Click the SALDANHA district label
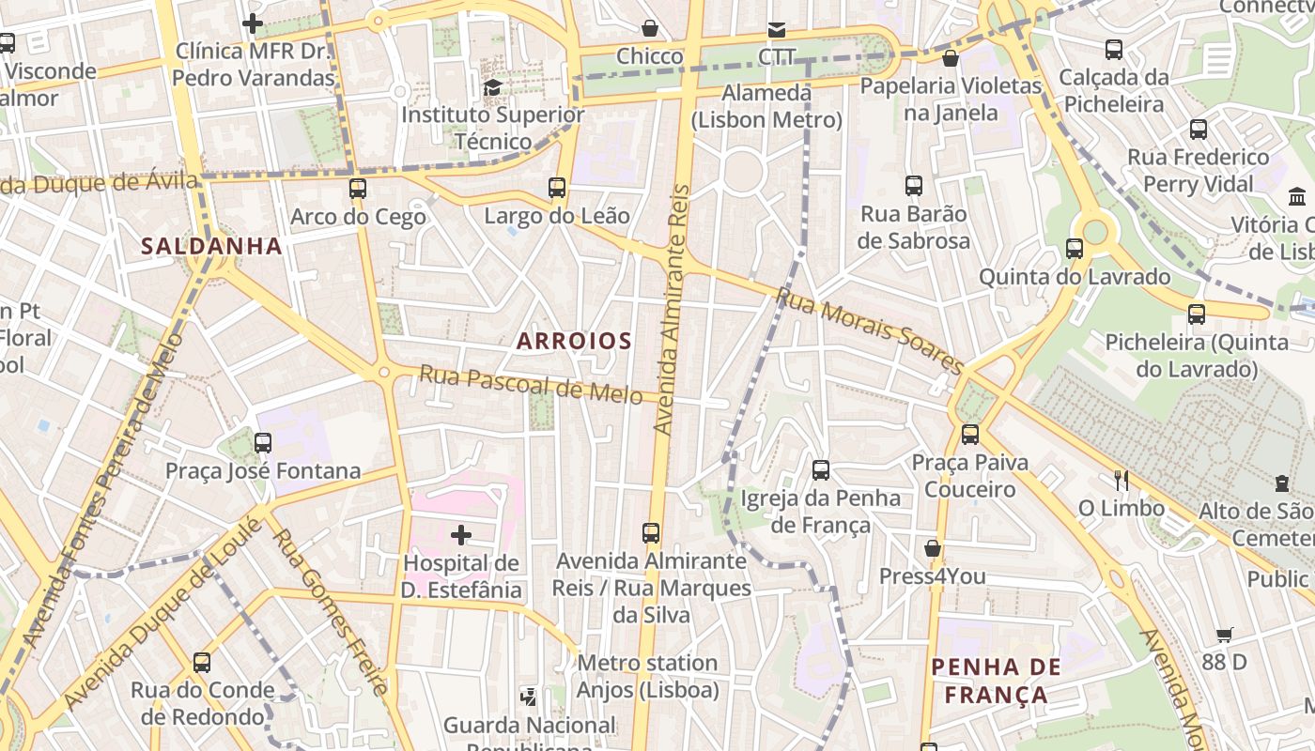tap(211, 246)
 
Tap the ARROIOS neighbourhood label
tap(574, 341)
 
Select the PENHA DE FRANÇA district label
tap(996, 682)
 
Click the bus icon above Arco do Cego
tap(358, 188)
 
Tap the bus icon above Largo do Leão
tap(557, 188)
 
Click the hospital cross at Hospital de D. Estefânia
tap(461, 535)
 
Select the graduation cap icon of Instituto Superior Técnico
tap(492, 87)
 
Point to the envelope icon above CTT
tap(777, 29)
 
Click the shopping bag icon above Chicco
tap(649, 29)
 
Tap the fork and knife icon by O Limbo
tap(1121, 481)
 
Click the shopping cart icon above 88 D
tap(1224, 636)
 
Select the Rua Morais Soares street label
tap(870, 330)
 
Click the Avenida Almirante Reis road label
tap(673, 310)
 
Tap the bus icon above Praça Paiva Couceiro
tap(970, 435)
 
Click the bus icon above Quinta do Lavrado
tap(1075, 249)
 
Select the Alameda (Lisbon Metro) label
tap(766, 106)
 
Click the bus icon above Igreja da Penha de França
tap(821, 469)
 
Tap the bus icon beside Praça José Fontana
tap(263, 442)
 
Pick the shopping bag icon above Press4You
tap(933, 548)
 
